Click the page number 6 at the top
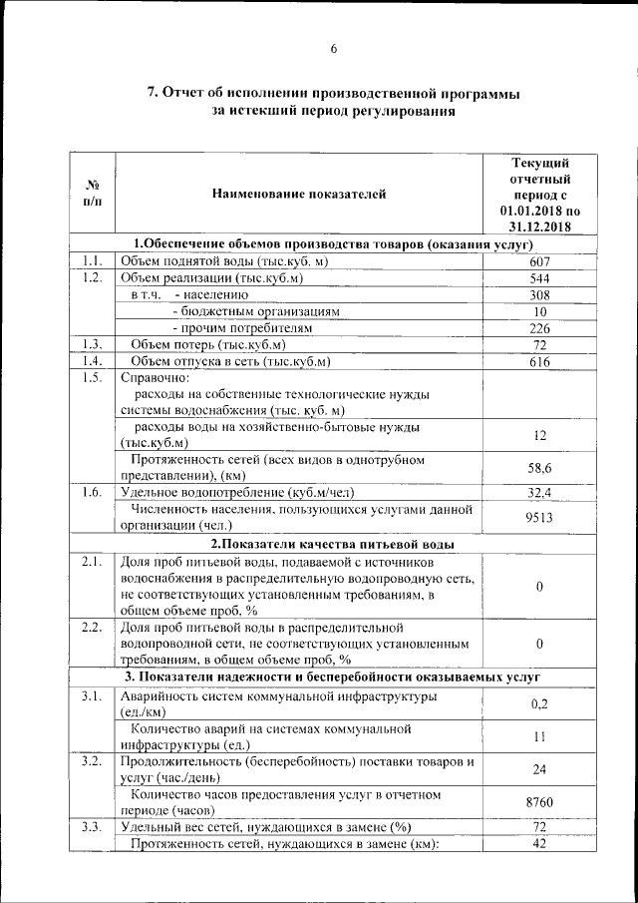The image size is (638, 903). point(334,50)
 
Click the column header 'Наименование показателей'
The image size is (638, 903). point(298,194)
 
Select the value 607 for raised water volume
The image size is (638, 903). point(539,262)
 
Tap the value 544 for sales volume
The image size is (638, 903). point(539,278)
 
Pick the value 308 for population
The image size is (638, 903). point(539,295)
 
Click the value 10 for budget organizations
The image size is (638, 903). point(539,311)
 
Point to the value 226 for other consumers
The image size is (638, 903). point(539,328)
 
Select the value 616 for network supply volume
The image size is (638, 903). point(539,362)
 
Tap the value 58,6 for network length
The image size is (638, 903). point(539,467)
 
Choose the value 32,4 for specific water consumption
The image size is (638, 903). point(539,493)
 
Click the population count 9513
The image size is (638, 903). point(539,517)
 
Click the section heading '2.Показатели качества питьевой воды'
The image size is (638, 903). point(333,545)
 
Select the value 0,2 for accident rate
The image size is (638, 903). point(539,703)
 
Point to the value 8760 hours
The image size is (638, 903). point(539,802)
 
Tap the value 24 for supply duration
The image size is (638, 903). point(539,769)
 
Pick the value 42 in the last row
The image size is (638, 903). point(539,844)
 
